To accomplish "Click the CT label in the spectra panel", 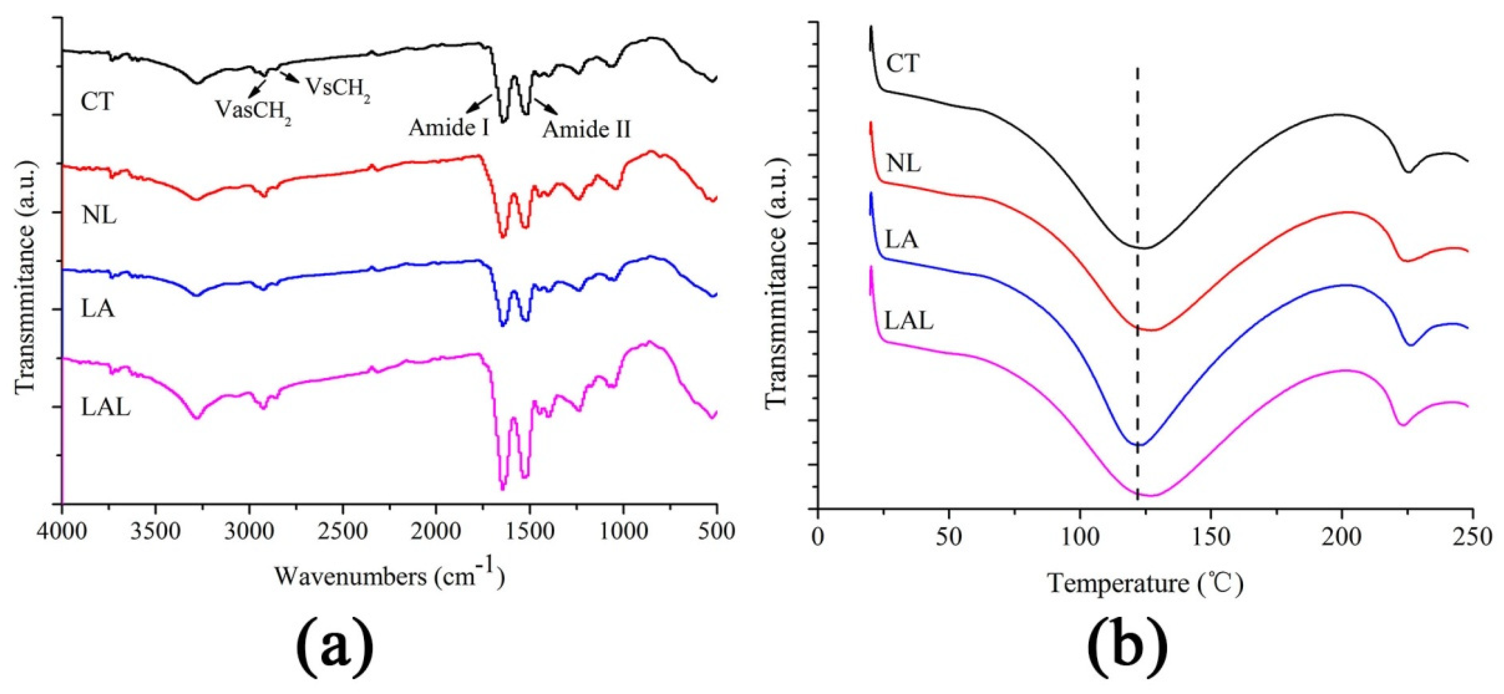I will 97,102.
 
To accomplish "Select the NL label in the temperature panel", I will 903,164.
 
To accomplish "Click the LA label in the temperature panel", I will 902,240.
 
